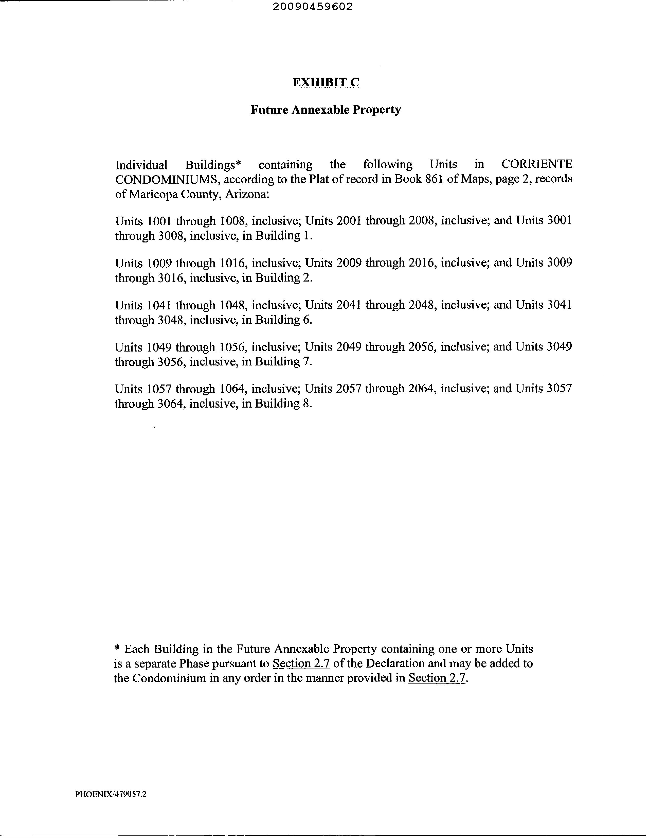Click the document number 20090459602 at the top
[x=312, y=7]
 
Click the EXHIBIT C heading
[x=326, y=82]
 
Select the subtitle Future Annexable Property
[x=326, y=110]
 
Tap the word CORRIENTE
[x=537, y=165]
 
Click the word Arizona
[x=247, y=194]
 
